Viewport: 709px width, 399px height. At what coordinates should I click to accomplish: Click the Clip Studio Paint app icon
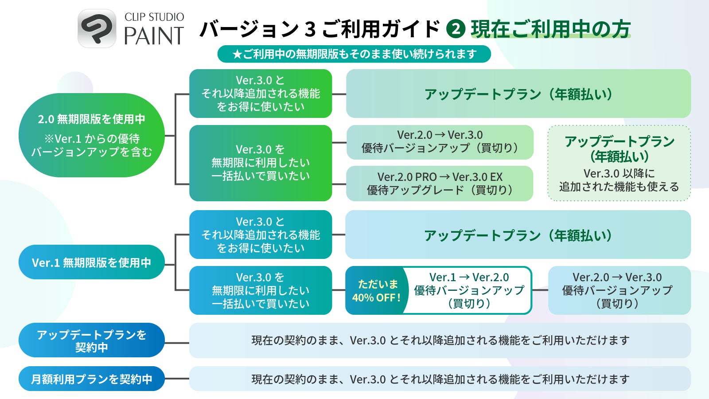click(x=97, y=28)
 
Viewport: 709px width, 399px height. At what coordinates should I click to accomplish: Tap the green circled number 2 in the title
click(x=456, y=29)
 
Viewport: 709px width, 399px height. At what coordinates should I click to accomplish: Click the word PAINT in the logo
click(x=154, y=35)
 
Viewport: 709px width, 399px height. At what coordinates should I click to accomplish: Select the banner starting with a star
click(x=354, y=54)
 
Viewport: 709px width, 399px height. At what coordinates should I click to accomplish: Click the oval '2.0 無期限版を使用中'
click(x=91, y=135)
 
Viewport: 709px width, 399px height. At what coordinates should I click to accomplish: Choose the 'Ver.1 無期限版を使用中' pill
click(x=91, y=262)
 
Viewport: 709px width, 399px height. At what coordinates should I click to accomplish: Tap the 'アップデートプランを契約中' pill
click(x=91, y=340)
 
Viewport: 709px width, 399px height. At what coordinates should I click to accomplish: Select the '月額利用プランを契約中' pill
click(x=91, y=379)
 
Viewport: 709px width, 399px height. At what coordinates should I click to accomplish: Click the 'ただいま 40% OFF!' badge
click(x=376, y=290)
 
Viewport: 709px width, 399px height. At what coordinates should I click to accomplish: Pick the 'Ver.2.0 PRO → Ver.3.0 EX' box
click(x=440, y=184)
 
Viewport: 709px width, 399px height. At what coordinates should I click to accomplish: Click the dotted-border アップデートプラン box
click(x=619, y=163)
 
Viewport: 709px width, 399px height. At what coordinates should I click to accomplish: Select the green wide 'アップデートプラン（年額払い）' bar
click(x=518, y=94)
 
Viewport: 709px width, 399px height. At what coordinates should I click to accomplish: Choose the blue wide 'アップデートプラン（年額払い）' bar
click(x=518, y=235)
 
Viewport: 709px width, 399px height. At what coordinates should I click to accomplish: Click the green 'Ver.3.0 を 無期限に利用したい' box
click(x=261, y=163)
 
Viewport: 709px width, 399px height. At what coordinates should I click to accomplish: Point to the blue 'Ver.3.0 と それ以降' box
click(x=261, y=235)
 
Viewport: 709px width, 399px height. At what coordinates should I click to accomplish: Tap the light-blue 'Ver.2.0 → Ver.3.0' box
click(x=619, y=290)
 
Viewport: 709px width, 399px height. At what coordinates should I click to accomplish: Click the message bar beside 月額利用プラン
click(x=440, y=379)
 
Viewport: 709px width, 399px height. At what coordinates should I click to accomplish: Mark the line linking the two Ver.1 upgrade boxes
click(x=540, y=290)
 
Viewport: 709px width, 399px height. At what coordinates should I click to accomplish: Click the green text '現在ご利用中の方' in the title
click(x=551, y=29)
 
